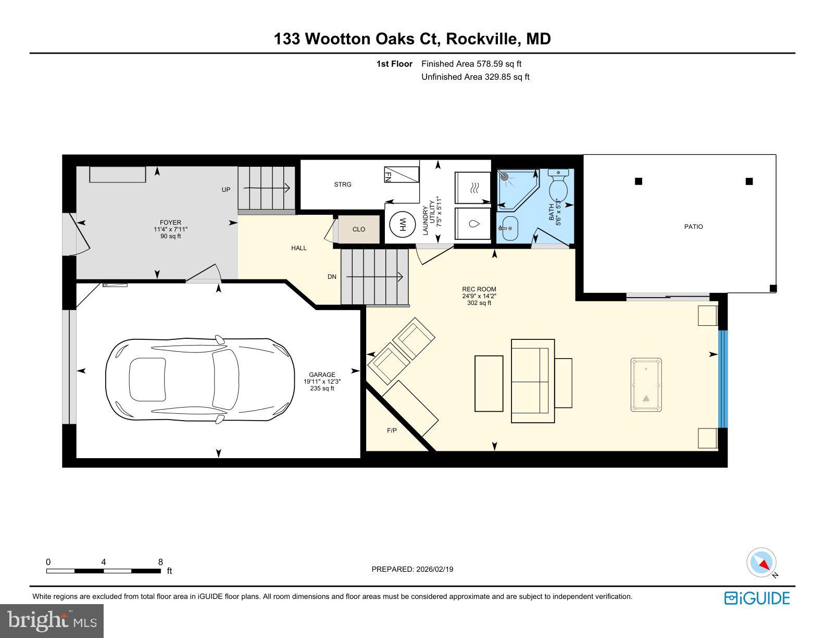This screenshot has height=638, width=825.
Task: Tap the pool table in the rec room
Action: [646, 385]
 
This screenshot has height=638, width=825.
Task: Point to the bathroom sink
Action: [508, 228]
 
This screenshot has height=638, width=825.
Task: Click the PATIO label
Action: [693, 227]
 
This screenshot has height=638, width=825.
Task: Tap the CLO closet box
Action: [359, 229]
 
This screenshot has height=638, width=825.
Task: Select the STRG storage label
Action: [343, 185]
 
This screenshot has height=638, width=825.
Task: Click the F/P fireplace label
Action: [392, 431]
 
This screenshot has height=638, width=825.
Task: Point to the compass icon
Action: [761, 563]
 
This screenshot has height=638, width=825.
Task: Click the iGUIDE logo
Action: [757, 598]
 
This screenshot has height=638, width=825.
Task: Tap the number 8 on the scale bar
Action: [160, 562]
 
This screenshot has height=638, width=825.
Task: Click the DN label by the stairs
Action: [332, 277]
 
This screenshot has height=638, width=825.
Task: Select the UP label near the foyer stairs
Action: [226, 190]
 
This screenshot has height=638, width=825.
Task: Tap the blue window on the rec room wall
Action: [722, 379]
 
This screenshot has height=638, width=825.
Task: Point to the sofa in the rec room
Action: [530, 381]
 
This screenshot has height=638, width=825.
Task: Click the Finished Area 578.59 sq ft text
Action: [471, 64]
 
